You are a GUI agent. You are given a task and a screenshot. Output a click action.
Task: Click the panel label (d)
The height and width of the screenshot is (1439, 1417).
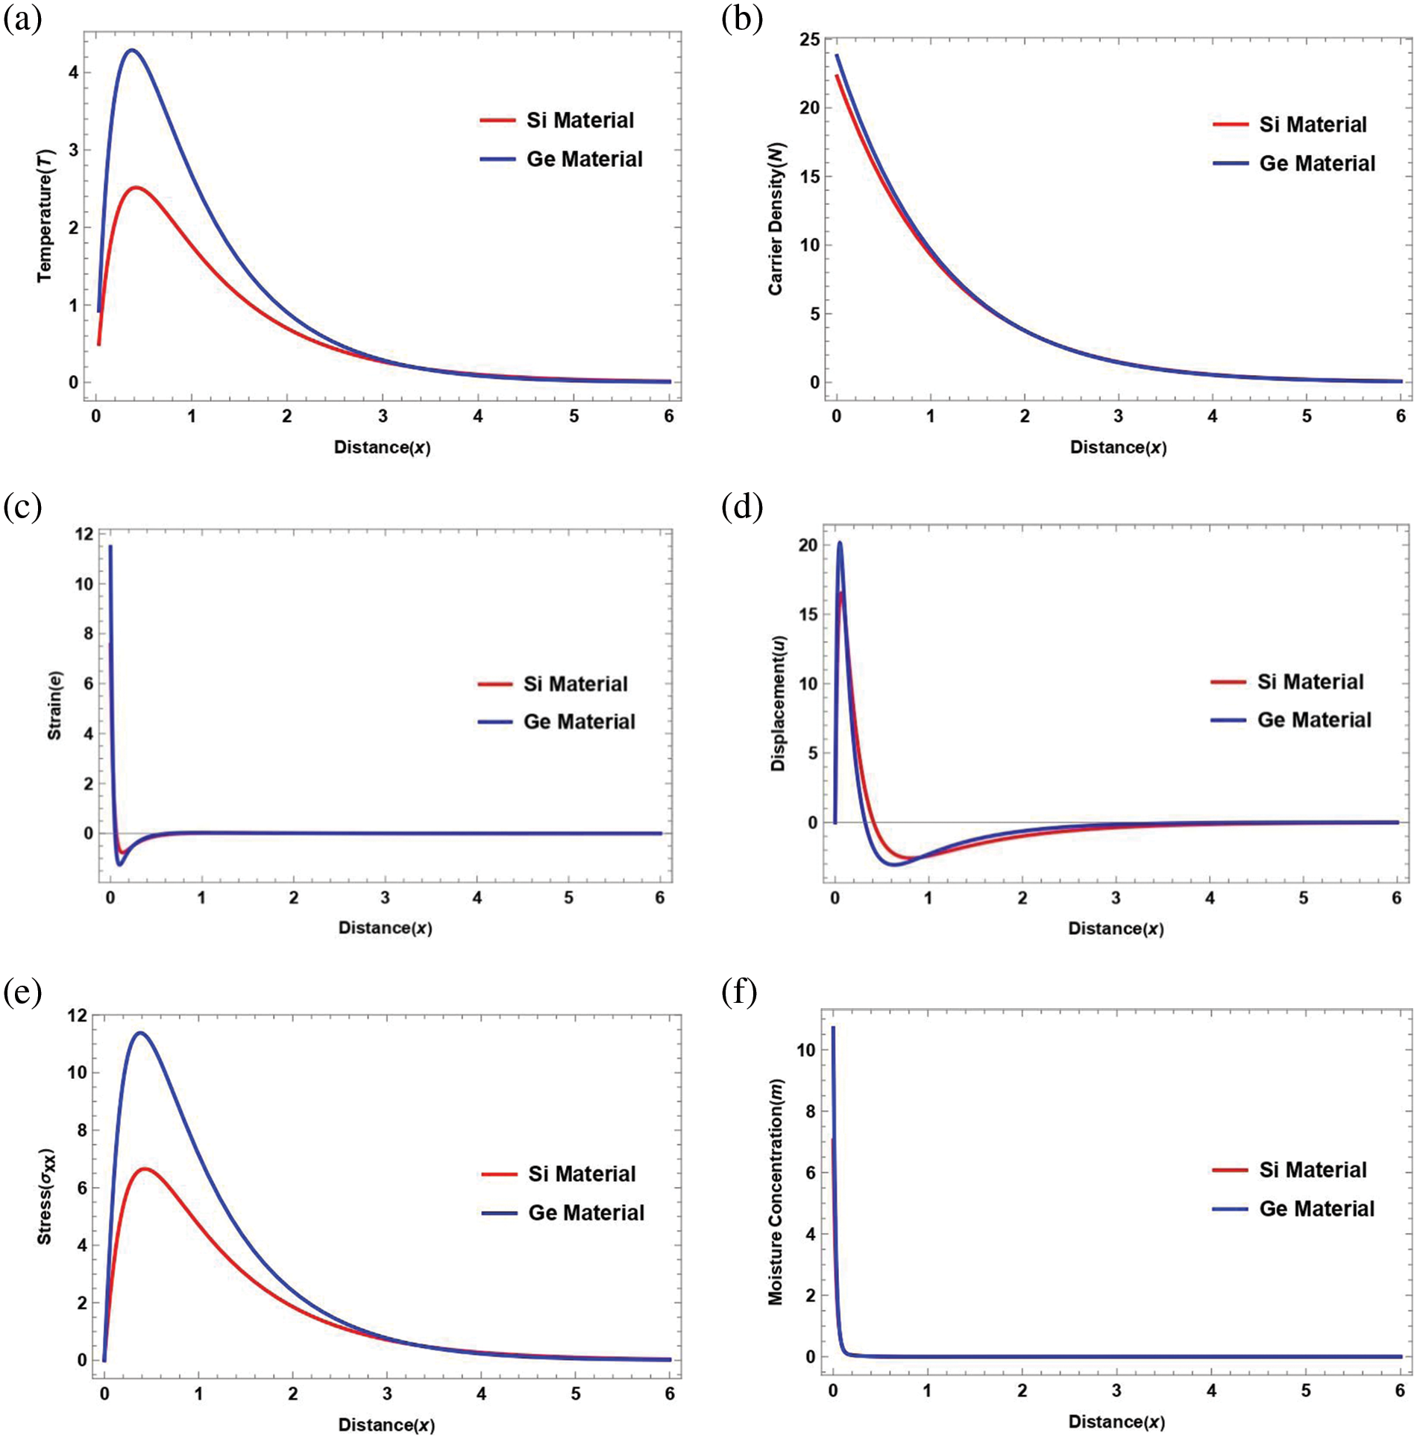tap(742, 507)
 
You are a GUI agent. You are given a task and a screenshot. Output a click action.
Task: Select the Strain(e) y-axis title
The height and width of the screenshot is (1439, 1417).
tap(55, 705)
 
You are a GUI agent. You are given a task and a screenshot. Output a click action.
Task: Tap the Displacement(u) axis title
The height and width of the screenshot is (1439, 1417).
tap(779, 703)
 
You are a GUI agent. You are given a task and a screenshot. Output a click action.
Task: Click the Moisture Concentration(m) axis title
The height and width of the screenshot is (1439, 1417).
tap(776, 1191)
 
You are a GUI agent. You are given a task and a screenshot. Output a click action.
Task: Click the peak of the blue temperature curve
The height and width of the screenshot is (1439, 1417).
tap(132, 51)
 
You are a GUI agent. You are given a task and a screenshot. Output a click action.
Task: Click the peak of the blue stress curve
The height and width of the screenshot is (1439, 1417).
tap(139, 1033)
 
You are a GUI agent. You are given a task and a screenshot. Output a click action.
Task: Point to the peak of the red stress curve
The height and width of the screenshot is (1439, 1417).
tap(146, 1168)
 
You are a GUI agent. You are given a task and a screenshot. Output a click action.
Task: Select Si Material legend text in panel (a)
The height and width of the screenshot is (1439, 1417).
tap(580, 120)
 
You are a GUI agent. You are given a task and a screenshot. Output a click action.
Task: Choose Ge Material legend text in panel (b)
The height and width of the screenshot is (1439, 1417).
tap(1317, 163)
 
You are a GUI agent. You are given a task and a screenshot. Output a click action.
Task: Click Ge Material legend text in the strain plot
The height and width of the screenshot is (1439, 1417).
tap(579, 721)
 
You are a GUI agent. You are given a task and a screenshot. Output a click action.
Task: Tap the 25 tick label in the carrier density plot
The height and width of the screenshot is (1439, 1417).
tap(809, 40)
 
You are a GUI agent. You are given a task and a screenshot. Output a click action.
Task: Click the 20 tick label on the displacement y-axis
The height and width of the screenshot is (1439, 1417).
tap(808, 545)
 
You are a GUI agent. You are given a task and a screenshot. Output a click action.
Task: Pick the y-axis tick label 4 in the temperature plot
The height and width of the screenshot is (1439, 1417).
tap(73, 72)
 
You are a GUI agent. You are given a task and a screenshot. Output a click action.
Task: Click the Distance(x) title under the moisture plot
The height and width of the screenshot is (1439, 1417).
tap(1116, 1421)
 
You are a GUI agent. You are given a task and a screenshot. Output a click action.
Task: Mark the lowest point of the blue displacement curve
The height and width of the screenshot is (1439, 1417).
tap(894, 864)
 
